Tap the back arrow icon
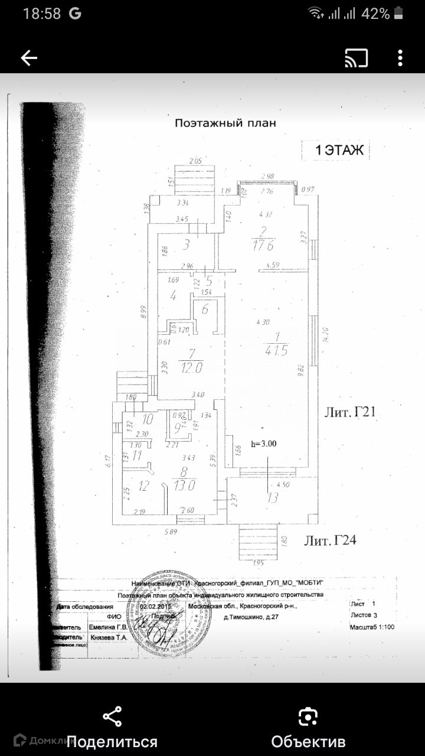29,57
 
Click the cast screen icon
356,57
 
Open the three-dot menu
400,57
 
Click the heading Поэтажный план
225,123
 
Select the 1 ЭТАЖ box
335,150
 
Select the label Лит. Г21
349,412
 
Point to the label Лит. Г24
331,540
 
